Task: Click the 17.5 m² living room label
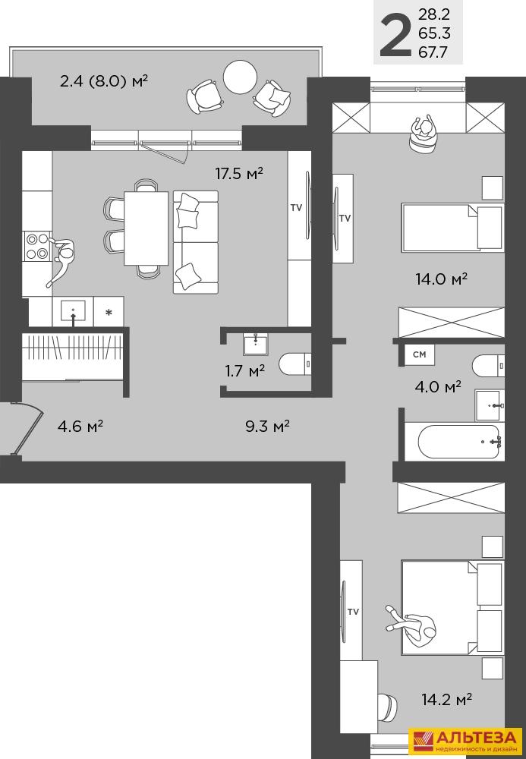239,173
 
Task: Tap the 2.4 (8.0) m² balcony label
103,80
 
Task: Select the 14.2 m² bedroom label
447,699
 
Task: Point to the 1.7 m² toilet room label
245,371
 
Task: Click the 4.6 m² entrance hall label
80,426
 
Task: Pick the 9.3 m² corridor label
268,426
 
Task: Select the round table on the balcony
240,77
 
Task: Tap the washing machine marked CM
420,354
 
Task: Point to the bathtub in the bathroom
459,442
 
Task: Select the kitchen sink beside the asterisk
73,310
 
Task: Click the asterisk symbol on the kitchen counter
109,312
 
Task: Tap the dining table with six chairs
146,228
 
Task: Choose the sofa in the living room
196,241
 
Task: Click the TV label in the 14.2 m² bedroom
353,611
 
